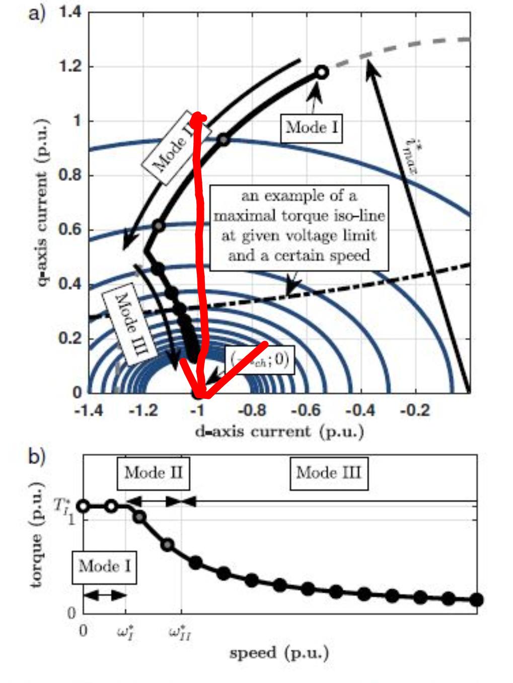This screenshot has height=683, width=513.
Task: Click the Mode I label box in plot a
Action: coord(312,128)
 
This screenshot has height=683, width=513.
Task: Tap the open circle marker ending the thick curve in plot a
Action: coord(322,72)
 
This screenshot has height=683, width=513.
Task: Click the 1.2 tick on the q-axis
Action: coord(70,66)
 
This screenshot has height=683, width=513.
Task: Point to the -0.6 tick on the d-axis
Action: coord(306,411)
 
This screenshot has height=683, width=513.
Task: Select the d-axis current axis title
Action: coord(279,432)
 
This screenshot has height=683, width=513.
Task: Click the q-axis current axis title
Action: coord(43,204)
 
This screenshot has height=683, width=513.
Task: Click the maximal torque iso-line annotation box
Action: coord(299,227)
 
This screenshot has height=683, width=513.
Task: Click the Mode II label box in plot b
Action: coord(153,473)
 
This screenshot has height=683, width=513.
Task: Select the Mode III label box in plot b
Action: coord(329,473)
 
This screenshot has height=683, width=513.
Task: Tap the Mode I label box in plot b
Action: coord(104,567)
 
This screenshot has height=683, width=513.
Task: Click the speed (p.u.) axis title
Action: coord(279,654)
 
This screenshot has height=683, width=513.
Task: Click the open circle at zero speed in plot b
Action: coord(84,506)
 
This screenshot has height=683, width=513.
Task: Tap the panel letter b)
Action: coord(37,457)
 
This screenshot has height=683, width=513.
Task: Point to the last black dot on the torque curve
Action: coord(476,600)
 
